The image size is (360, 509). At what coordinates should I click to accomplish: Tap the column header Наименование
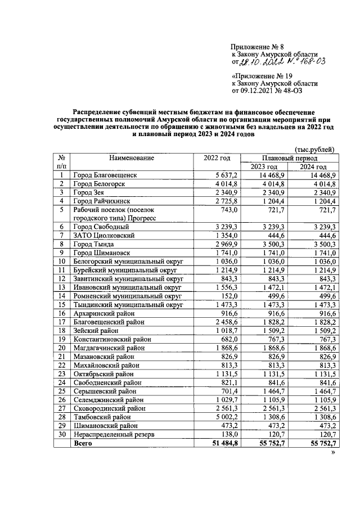(x=132, y=159)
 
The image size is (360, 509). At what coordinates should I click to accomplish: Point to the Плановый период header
(x=291, y=159)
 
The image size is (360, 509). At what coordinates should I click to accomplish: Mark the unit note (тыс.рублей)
(x=316, y=150)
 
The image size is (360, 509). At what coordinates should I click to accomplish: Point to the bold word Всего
(x=83, y=444)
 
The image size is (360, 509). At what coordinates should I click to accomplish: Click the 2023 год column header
(x=264, y=167)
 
